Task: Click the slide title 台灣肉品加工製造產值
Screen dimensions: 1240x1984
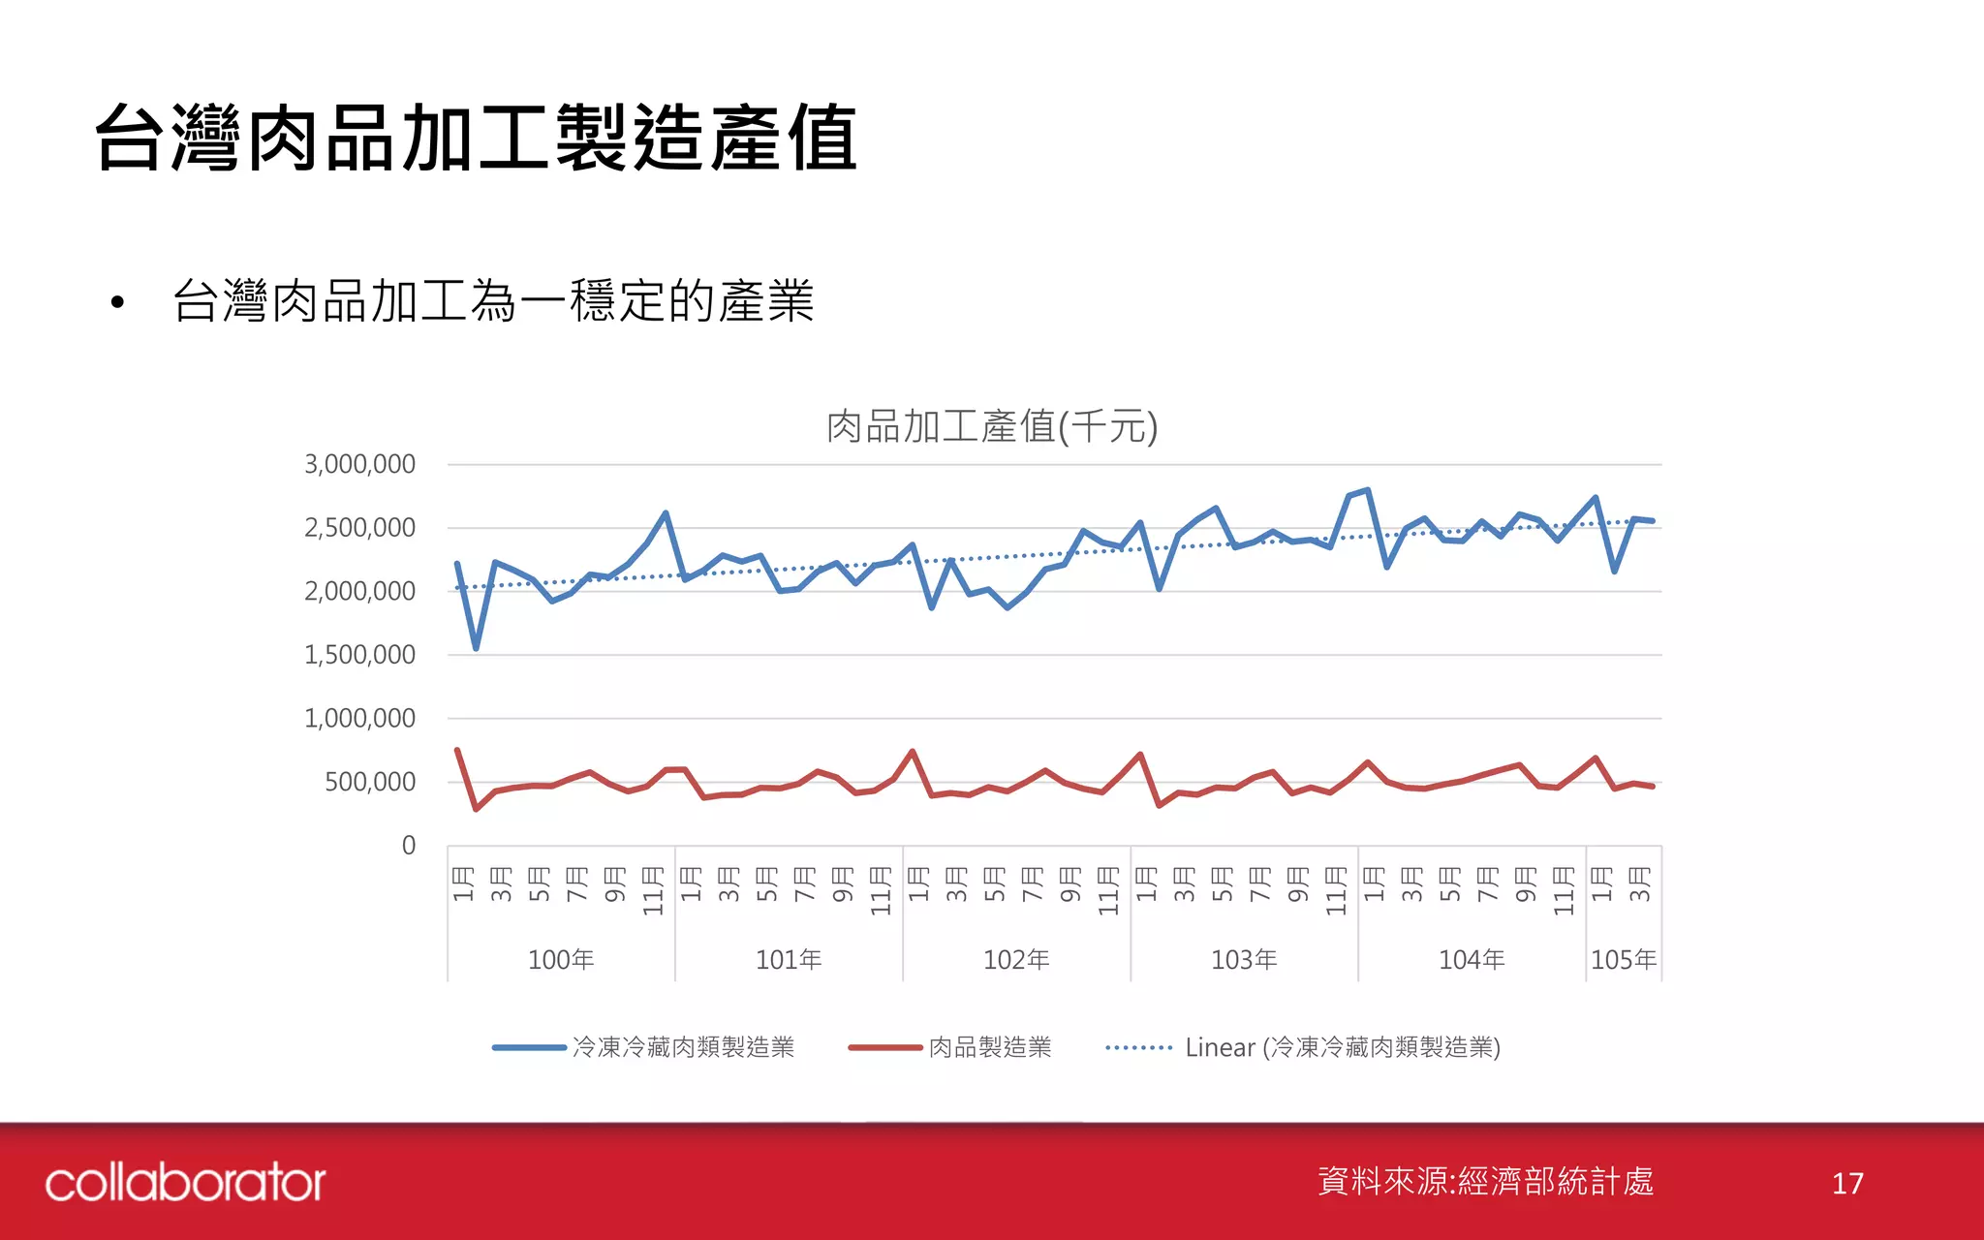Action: (476, 139)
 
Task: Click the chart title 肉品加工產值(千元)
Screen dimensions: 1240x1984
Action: (991, 426)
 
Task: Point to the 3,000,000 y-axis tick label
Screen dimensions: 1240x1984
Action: (359, 464)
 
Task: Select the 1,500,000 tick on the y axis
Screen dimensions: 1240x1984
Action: (359, 655)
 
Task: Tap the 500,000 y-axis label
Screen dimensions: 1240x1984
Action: (369, 782)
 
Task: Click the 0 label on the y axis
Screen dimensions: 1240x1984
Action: (408, 846)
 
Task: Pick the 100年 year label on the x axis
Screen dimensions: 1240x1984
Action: (561, 959)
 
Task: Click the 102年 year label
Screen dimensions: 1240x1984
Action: (1016, 959)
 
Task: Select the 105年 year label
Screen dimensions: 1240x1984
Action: (1624, 959)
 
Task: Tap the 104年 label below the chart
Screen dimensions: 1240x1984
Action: (1472, 959)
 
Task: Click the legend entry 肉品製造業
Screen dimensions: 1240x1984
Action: (989, 1047)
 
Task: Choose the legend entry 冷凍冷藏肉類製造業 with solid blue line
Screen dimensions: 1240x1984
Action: (683, 1047)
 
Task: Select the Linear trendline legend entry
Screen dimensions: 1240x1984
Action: (1342, 1047)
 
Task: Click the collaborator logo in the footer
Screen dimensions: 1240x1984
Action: (185, 1183)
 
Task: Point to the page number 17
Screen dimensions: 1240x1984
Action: (1847, 1183)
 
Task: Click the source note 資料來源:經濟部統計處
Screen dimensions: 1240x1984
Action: (1485, 1181)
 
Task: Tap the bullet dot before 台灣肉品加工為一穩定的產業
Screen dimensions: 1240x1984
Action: (117, 302)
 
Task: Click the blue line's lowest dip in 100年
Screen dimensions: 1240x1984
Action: (476, 647)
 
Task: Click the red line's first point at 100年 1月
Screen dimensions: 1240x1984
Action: (457, 750)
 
